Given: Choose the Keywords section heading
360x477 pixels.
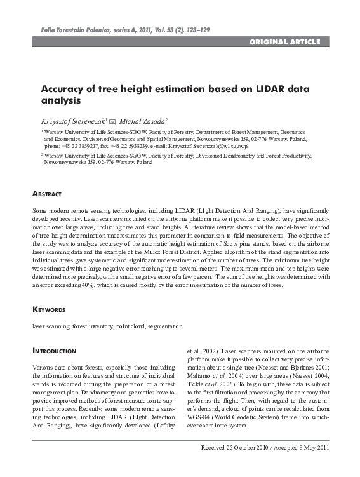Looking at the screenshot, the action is [48, 309].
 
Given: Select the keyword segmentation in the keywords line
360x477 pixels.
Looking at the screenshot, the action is [165, 326].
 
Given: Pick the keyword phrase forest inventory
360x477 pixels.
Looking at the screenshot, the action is [90, 326].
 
